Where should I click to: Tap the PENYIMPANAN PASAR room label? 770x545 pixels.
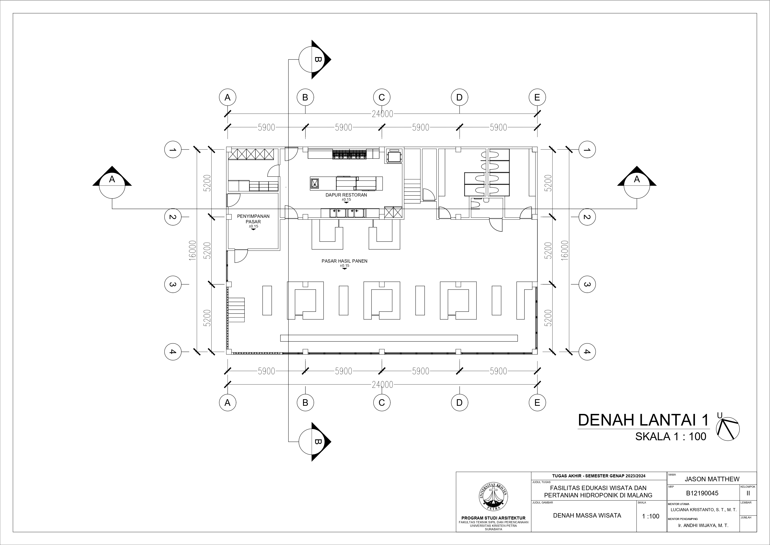[x=253, y=219]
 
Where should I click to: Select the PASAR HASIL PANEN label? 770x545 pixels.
[x=345, y=261]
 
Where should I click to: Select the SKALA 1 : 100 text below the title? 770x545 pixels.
[x=671, y=437]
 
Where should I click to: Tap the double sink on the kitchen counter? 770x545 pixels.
[x=347, y=213]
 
